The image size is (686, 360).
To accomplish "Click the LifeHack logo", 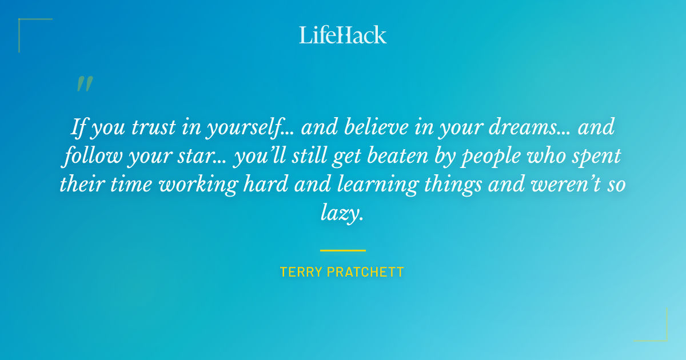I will (343, 35).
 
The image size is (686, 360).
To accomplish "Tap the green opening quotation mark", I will (85, 84).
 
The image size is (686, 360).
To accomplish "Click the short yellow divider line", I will (342, 250).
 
